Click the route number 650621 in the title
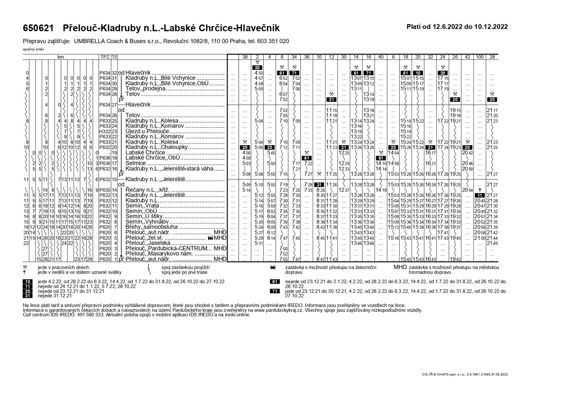click(x=38, y=28)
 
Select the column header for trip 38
click(x=245, y=56)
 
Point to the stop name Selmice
click(x=135, y=163)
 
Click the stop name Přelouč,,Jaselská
click(x=148, y=243)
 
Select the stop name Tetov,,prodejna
click(x=145, y=89)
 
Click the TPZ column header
click(x=105, y=56)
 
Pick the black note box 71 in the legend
click(x=274, y=291)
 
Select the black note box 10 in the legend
click(x=27, y=281)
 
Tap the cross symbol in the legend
click(x=25, y=272)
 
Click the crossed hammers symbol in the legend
click(x=25, y=267)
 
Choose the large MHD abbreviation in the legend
click(x=400, y=267)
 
